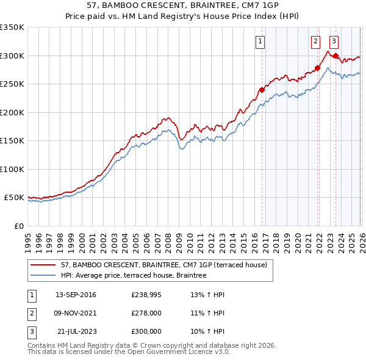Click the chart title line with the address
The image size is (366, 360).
[x=182, y=6]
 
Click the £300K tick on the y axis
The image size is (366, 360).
[x=12, y=56]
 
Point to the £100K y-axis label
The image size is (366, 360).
[x=12, y=169]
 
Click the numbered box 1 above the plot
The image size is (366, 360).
[x=260, y=41]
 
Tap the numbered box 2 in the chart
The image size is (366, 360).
[x=315, y=41]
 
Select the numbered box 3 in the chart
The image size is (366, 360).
[x=334, y=41]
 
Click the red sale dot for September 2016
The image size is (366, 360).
[x=262, y=90]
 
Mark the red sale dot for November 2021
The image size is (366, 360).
[x=317, y=68]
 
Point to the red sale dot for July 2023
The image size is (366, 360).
[x=335, y=56]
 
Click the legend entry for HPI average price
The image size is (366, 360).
[x=134, y=275]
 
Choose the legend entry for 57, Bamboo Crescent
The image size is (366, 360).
[x=163, y=265]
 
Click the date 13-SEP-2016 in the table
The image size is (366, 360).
[x=76, y=295]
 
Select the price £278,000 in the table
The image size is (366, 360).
[x=146, y=313]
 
